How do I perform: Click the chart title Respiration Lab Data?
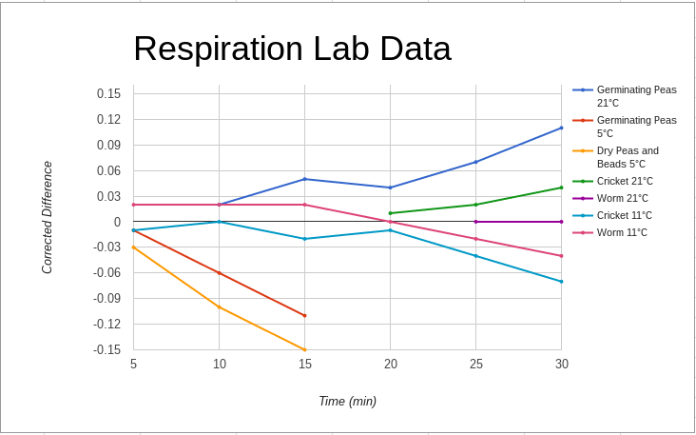coord(292,49)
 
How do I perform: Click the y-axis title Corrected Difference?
coord(48,217)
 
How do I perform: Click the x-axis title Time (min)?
coord(347,402)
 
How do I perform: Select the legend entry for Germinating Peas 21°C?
coord(636,96)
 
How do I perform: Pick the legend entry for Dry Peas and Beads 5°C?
coord(628,157)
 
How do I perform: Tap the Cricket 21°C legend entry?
coord(624,181)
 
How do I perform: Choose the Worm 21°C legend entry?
coord(622,198)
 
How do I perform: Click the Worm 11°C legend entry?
coord(622,232)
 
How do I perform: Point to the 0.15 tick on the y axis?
coord(108,93)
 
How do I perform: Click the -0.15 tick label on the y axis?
coord(107,349)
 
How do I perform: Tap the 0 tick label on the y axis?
coord(117,222)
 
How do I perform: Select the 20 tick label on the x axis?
coord(391,365)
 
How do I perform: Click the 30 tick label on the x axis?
coord(562,365)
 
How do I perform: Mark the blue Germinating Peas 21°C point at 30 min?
coord(562,128)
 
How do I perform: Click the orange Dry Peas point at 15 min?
coord(305,349)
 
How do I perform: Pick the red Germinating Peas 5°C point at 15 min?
coord(305,315)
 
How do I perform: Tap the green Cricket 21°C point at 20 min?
coord(391,213)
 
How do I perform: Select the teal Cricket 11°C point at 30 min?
coord(562,282)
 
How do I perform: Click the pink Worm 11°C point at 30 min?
coord(562,256)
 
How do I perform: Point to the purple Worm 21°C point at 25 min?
coord(476,222)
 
